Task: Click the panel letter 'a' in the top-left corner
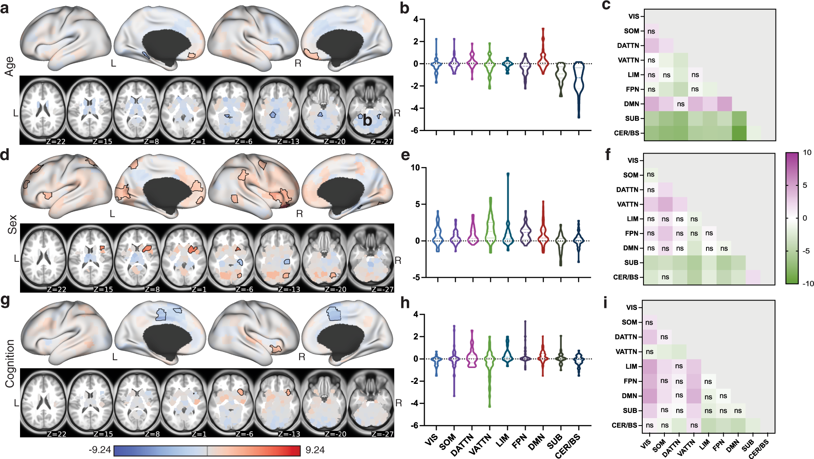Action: [4, 8]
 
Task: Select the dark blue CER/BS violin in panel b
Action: [579, 86]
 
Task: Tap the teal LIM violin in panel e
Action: [508, 229]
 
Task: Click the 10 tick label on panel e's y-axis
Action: [415, 168]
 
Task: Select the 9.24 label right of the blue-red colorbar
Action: [315, 450]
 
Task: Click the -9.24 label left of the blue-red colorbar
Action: [100, 450]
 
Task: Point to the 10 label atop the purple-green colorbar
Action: [807, 153]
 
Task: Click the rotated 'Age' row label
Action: [10, 66]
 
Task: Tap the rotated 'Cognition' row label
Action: [10, 363]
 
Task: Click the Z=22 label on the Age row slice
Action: [56, 142]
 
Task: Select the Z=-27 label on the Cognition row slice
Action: [382, 434]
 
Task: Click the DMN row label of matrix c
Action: [631, 104]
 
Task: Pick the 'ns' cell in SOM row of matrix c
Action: [651, 31]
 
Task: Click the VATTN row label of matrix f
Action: [627, 205]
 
